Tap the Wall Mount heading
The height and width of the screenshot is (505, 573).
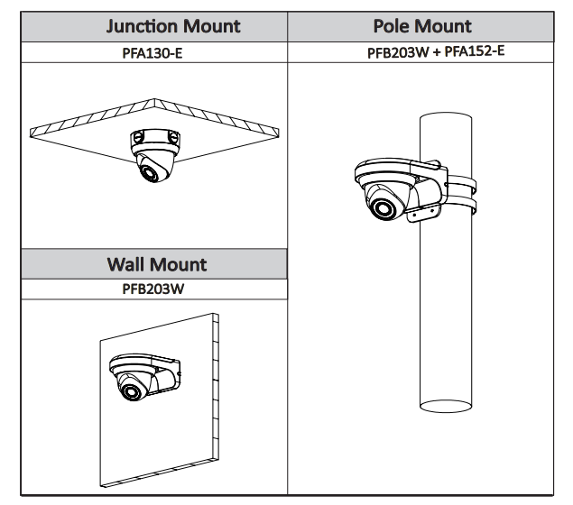coord(156,264)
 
